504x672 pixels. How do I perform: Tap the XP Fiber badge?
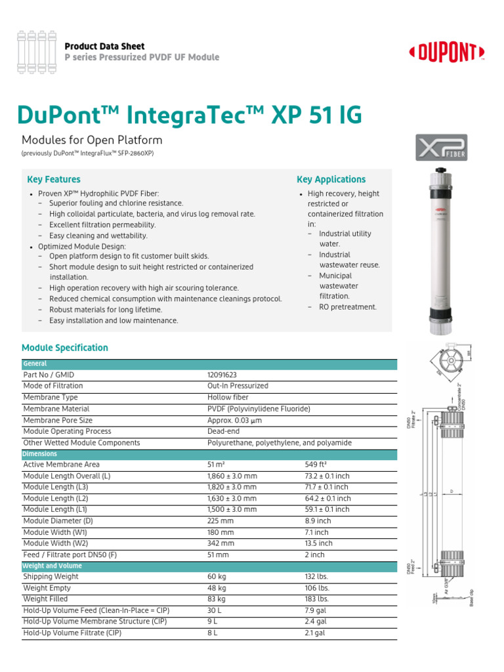coord(442,148)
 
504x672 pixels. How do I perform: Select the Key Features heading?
coord(54,179)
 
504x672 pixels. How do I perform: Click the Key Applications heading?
coord(331,179)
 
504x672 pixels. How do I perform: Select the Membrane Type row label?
coord(51,397)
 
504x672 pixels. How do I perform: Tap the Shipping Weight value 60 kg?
coord(217,576)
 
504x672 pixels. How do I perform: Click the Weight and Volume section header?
coord(52,566)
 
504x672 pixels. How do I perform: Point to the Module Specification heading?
coord(65,348)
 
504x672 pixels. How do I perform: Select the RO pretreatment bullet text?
coord(348,307)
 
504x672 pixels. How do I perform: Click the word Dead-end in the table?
coord(224,431)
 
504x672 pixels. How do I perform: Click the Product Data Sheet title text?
coord(104,46)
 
